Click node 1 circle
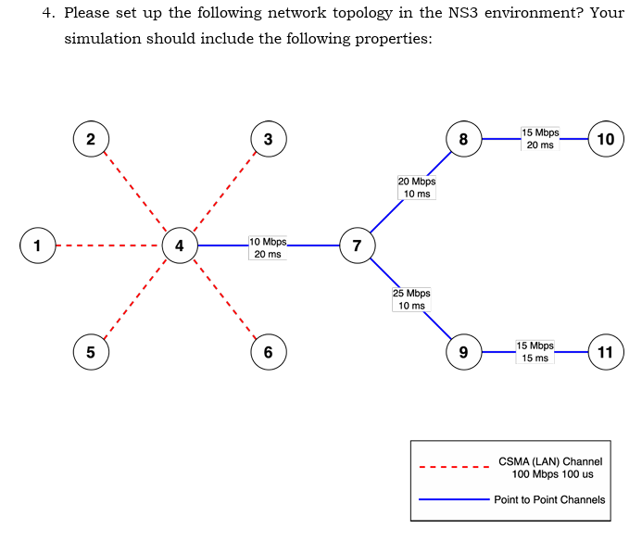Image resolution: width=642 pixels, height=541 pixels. click(x=37, y=245)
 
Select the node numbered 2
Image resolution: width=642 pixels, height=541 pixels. click(x=90, y=140)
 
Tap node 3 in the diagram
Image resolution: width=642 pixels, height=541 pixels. click(x=268, y=140)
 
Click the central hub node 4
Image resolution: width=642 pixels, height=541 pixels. click(x=179, y=245)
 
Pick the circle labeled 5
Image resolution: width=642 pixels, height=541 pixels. click(x=90, y=352)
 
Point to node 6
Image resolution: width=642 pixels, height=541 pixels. click(x=268, y=352)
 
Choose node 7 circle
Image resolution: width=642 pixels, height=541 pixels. click(x=357, y=245)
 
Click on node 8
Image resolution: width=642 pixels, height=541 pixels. click(x=463, y=140)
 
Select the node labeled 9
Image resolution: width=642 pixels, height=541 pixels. click(x=463, y=352)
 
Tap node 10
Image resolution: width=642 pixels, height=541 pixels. click(x=606, y=140)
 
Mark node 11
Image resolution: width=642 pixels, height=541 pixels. click(x=606, y=352)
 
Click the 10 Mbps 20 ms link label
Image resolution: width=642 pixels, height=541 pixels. click(x=268, y=247)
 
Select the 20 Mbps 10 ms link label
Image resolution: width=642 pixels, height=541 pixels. click(x=416, y=187)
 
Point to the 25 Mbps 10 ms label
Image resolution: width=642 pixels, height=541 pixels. click(x=411, y=299)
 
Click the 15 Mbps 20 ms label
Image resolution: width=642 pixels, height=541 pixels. click(x=540, y=139)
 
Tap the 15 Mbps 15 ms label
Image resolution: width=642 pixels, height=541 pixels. click(x=535, y=351)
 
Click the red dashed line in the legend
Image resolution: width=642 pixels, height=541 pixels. click(x=454, y=467)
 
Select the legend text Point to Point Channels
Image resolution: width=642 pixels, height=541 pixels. click(x=549, y=499)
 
